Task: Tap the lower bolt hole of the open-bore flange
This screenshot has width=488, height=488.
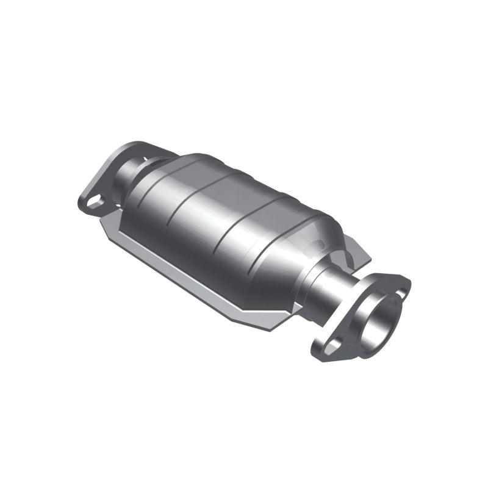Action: (x=331, y=346)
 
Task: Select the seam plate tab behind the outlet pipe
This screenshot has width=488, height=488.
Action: (x=360, y=253)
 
